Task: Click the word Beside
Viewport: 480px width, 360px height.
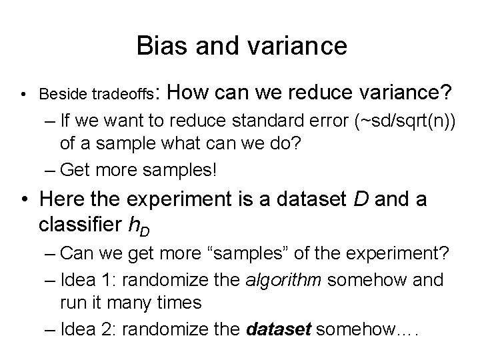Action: point(64,93)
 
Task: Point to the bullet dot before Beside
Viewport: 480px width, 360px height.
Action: point(24,93)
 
